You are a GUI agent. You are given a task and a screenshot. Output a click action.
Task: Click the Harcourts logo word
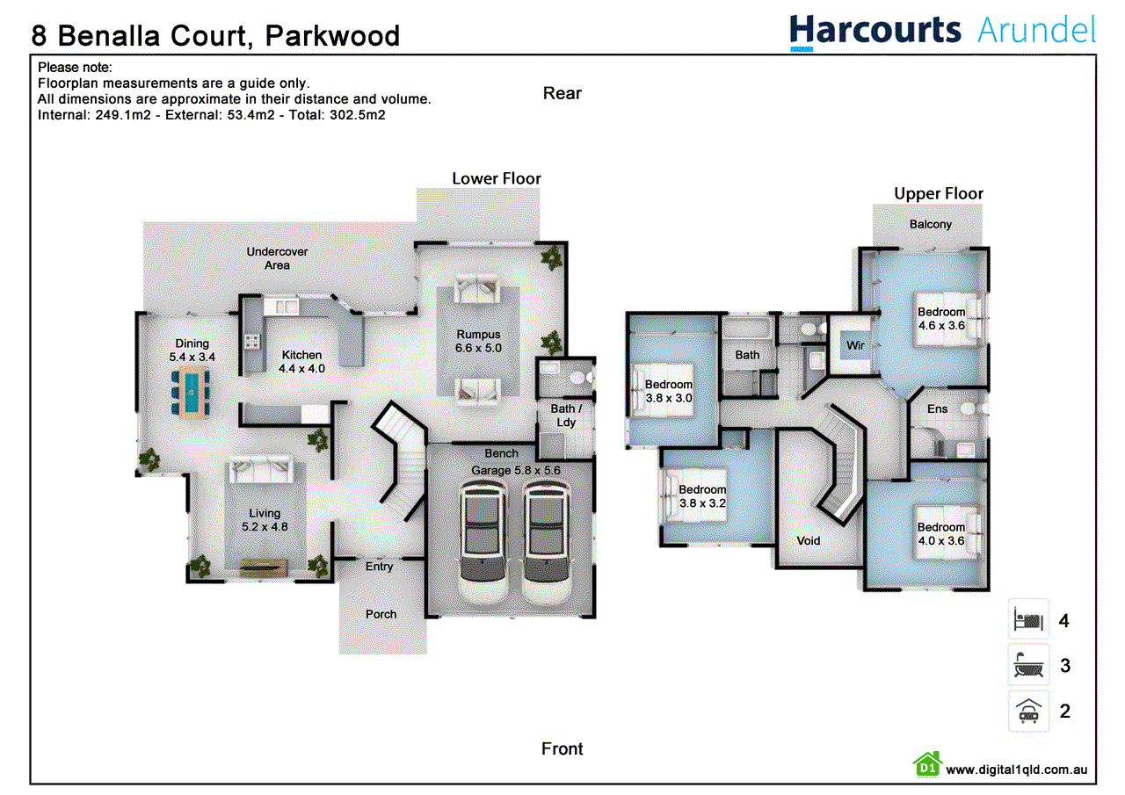coord(875,31)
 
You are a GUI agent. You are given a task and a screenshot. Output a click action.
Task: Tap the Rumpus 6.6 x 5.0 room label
coord(478,342)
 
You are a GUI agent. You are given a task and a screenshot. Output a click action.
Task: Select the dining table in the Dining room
coord(191,392)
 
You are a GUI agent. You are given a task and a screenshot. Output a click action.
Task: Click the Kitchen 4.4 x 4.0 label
coord(301,362)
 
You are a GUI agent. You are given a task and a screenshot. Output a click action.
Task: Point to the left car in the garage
coord(483,543)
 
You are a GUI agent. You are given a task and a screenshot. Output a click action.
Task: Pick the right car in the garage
coord(547,543)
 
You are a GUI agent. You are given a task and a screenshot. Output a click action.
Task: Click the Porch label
coord(381,614)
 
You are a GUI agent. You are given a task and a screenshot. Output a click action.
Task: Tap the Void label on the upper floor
coord(808,541)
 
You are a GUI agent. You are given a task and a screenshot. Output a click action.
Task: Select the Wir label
coord(855,345)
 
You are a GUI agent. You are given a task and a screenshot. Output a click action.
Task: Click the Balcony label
coord(931,224)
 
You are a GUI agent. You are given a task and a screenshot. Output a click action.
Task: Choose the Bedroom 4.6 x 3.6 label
coord(941,319)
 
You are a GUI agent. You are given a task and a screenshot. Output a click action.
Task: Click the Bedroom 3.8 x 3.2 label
coord(702,496)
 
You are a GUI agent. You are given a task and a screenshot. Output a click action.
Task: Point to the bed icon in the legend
coord(1028,619)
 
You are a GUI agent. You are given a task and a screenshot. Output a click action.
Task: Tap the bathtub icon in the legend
coord(1028,665)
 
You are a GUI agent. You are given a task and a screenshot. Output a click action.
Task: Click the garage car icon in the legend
coord(1028,711)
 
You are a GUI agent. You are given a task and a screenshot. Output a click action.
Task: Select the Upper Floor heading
coord(938,194)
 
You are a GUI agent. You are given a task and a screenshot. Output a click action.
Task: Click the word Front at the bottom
coord(562,748)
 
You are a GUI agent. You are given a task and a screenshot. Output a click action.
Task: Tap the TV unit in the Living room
coord(264,567)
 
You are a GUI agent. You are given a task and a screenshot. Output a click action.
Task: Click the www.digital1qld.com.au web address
coord(1017,770)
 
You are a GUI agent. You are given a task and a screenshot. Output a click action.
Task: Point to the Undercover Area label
coord(277,258)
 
